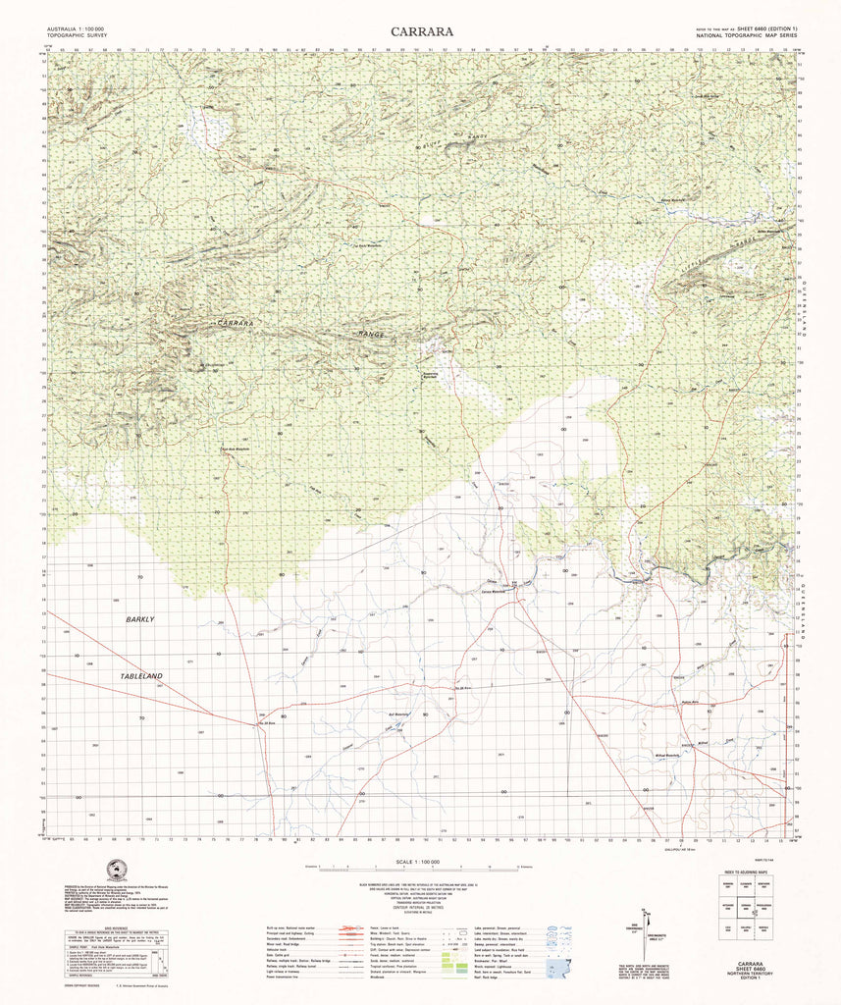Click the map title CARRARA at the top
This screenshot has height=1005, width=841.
click(421, 31)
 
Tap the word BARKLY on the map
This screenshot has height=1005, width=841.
click(139, 620)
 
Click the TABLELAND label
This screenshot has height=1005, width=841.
click(142, 677)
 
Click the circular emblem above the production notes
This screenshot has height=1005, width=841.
click(116, 871)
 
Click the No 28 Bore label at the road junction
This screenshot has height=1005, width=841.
click(263, 723)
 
